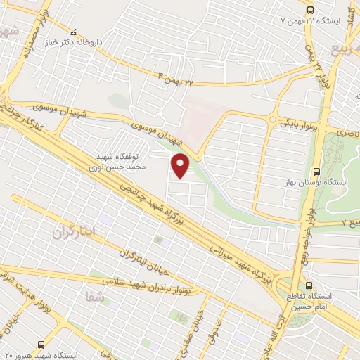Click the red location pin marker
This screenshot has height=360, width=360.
181,167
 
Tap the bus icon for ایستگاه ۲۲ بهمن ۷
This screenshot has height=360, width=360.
310,9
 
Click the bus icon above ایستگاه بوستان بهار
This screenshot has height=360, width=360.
316,171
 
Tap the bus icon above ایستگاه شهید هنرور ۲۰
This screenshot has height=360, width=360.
41,344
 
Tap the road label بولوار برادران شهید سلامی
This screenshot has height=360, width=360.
151,283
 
